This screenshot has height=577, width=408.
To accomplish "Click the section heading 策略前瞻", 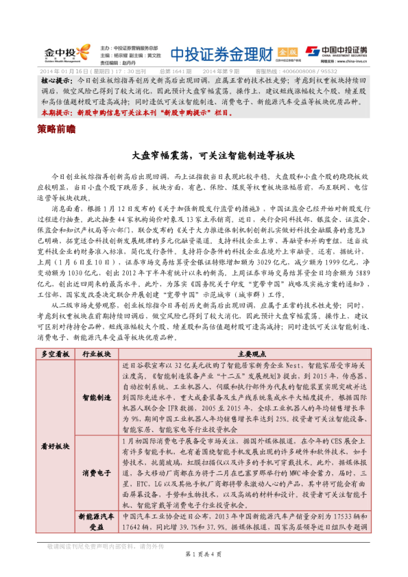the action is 56,128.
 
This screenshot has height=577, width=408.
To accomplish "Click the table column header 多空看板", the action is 56,354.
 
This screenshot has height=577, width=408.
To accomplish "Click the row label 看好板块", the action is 56,445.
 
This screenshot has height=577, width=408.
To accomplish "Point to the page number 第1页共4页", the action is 204,569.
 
